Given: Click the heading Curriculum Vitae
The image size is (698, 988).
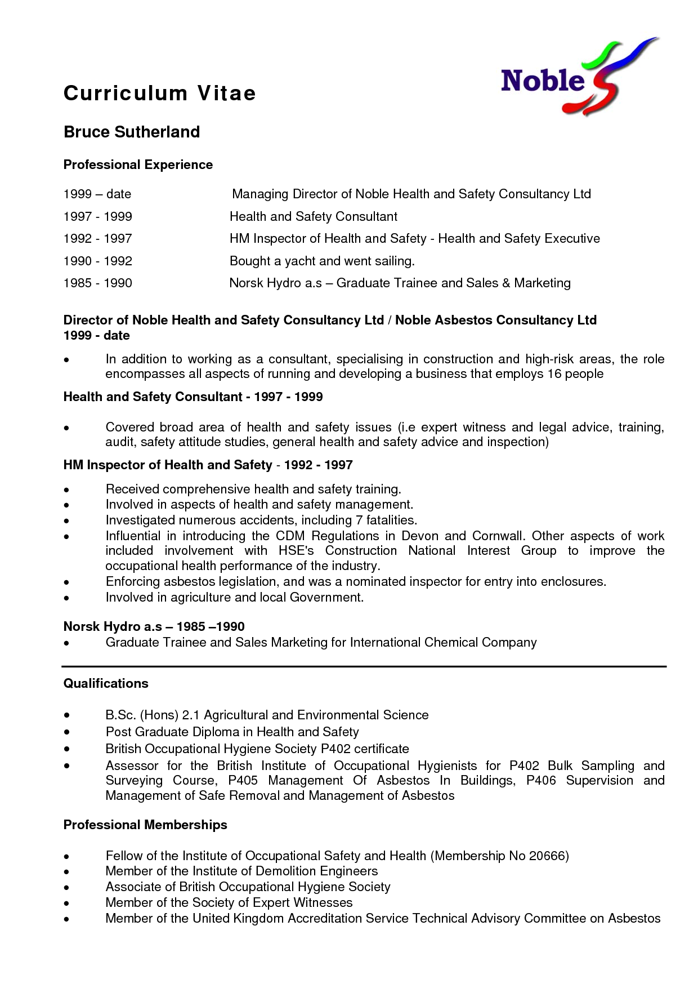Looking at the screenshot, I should point(160,93).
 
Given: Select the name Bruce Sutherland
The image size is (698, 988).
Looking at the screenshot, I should point(132,132).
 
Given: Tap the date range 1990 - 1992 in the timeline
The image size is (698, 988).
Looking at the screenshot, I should point(98,261).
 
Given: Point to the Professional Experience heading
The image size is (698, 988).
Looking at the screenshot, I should point(138,164).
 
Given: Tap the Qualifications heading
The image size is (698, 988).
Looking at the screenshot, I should point(106,683).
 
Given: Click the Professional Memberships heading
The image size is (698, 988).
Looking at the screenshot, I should point(145,825).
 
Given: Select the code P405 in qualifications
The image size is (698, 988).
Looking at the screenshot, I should point(243,781).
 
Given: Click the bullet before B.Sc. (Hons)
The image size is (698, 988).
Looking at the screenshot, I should point(67,715).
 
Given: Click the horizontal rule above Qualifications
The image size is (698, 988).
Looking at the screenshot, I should point(364,666).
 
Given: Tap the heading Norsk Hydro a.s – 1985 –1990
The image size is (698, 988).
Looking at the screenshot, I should point(154,626).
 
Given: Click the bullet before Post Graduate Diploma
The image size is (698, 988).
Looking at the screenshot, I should point(67,732).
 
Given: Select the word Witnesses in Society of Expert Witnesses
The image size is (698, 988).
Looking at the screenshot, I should point(323,902).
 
